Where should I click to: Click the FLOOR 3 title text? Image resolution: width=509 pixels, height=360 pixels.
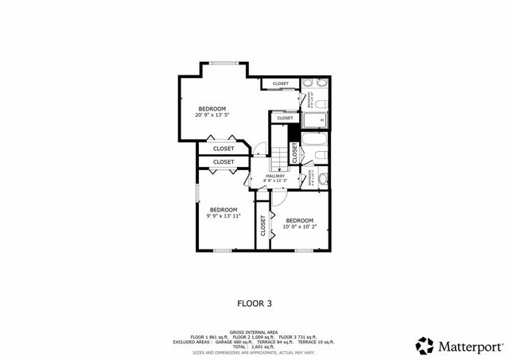pos(254,303)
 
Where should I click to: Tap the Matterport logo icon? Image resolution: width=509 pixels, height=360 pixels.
pos(425,346)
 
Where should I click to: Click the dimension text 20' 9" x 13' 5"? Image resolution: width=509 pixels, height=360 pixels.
pos(212,115)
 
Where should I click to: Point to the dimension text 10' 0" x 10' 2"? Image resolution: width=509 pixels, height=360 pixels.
pos(299,226)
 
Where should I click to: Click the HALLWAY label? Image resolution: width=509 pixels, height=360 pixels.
pos(264,176)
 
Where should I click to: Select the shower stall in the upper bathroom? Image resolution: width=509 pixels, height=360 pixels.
pos(316,120)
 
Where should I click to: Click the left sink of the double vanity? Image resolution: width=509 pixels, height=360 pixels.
pos(309,83)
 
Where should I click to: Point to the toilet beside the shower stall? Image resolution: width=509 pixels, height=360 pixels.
pos(321,103)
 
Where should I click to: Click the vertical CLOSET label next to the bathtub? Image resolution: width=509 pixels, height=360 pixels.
pos(294,151)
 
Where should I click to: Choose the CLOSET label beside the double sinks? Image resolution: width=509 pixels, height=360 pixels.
pos(281,83)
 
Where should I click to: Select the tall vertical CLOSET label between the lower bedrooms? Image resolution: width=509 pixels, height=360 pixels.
pos(262,226)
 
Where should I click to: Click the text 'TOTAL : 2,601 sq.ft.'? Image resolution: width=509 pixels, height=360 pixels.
pos(254,346)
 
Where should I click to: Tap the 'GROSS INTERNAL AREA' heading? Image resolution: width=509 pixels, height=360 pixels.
pos(254,332)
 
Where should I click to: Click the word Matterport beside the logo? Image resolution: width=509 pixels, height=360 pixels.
pos(470,346)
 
